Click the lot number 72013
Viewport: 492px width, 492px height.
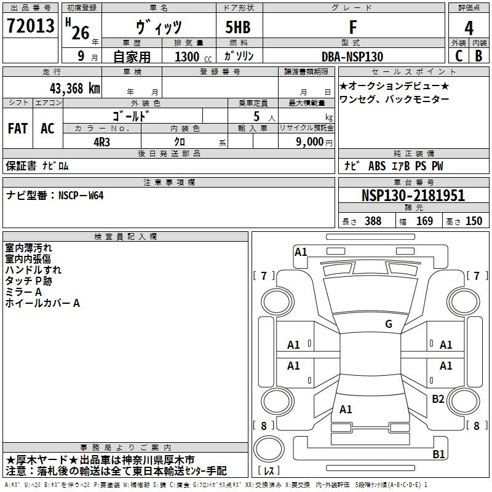coord(30,26)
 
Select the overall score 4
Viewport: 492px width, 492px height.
coord(469,28)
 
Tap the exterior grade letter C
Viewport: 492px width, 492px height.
coord(459,56)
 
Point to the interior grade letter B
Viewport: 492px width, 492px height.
coord(478,56)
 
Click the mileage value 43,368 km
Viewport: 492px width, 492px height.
coord(74,89)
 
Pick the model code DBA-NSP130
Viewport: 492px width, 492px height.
coord(352,57)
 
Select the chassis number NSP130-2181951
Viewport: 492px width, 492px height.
coord(413,196)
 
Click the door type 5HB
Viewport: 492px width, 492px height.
coord(238,27)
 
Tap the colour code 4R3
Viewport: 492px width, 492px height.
coord(101,142)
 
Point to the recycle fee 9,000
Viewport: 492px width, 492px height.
coord(309,142)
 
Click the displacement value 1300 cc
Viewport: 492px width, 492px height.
coord(193,57)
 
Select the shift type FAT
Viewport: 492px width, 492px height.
coord(18,129)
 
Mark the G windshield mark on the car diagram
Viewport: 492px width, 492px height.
coord(389,324)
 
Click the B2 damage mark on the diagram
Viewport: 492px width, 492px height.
coord(438,399)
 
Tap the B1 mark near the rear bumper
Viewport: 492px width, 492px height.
coord(438,454)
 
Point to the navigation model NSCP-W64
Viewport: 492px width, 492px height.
coord(81,196)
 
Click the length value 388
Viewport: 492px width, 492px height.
coord(373,221)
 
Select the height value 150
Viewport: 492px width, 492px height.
coord(474,221)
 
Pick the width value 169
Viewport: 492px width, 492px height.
coord(424,221)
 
